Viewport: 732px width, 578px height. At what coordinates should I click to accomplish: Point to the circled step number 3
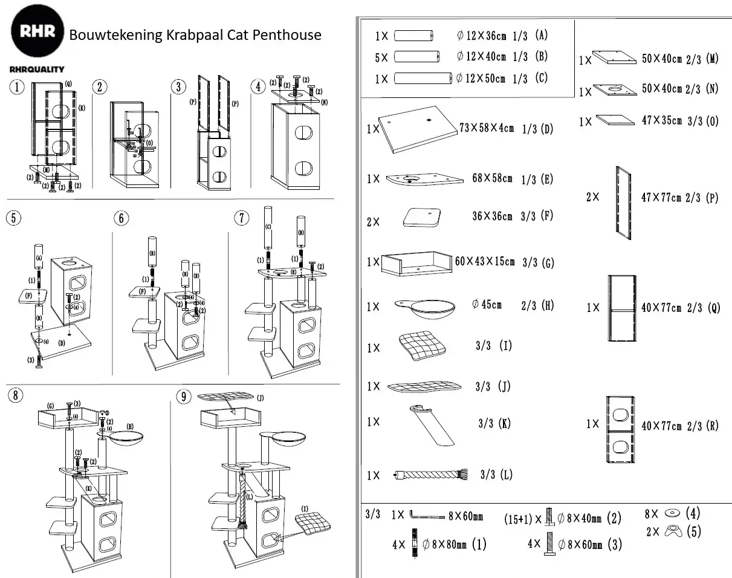click(x=178, y=86)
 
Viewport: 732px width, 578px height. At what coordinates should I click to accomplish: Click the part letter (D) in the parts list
click(x=546, y=129)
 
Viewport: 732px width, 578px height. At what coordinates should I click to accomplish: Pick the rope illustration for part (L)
click(x=430, y=475)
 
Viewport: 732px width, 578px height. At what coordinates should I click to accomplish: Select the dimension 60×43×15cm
click(x=485, y=262)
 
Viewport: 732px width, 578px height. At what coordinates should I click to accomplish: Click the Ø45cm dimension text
click(x=487, y=304)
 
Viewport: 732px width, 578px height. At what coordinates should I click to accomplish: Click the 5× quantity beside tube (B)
click(x=381, y=57)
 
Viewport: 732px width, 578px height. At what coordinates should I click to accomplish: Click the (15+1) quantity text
click(x=519, y=519)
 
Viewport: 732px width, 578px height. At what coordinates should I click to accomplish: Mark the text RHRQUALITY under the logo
click(x=37, y=70)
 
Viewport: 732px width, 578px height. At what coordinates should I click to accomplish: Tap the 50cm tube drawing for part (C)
click(x=423, y=78)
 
